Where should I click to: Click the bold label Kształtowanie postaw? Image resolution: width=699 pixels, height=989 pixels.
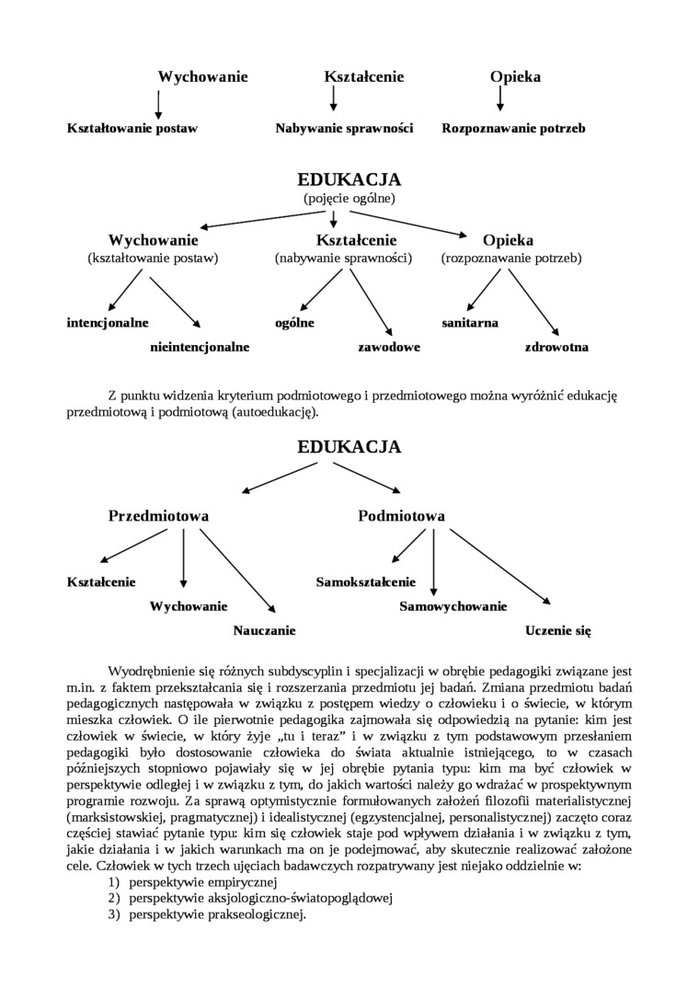(132, 129)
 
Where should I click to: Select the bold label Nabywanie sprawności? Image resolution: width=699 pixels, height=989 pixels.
(344, 129)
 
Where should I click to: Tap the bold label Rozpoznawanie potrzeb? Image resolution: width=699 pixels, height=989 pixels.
(513, 129)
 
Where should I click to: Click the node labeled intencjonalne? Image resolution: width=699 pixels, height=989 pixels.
(108, 323)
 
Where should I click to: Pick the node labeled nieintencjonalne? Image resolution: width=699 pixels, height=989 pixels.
(200, 348)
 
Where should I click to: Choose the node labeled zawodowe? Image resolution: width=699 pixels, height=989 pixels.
(389, 348)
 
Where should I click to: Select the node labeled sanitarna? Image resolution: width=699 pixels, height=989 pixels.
(470, 323)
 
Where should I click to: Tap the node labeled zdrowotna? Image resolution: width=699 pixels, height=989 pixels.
(556, 348)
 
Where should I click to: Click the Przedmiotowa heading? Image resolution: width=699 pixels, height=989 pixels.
(158, 516)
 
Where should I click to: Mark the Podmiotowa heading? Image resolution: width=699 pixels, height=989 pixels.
(401, 516)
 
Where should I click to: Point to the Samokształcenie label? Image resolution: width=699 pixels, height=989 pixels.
(366, 582)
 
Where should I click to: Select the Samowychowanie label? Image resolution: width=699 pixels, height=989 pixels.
(453, 606)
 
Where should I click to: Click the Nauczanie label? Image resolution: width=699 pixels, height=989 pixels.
(264, 631)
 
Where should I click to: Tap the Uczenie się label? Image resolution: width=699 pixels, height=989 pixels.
(557, 631)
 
